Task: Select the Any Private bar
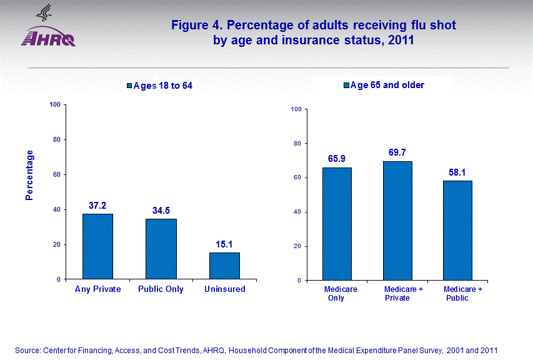click(97, 246)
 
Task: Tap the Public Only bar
click(161, 249)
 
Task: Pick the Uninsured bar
click(224, 266)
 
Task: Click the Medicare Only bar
click(337, 224)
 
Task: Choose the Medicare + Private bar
click(397, 221)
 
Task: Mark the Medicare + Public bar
click(457, 231)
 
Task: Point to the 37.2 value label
click(97, 206)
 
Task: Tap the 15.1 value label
click(224, 244)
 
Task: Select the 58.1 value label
click(457, 172)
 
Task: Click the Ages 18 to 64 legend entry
click(159, 86)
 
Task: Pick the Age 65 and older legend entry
click(384, 85)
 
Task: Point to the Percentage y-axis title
click(29, 175)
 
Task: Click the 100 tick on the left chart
click(54, 104)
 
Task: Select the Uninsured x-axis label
click(225, 289)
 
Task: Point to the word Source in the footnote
click(28, 350)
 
